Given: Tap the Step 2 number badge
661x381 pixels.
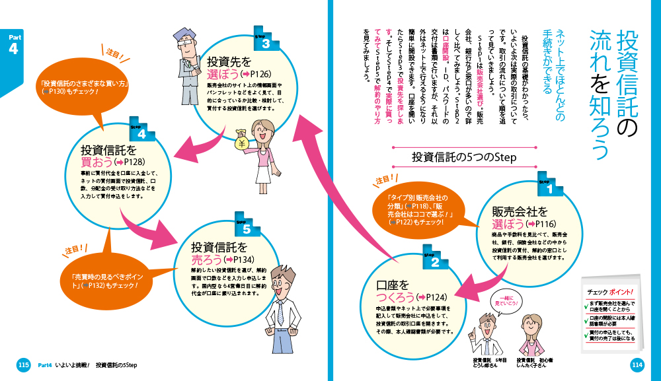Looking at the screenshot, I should (x=434, y=261).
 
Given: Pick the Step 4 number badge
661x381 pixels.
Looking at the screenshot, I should (x=142, y=133).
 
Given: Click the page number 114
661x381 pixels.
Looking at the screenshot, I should (x=637, y=364).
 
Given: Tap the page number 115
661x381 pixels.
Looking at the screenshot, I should (x=23, y=364).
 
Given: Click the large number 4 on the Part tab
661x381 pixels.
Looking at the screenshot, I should (x=13, y=50).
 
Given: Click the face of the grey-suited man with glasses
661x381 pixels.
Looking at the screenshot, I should (x=184, y=43).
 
